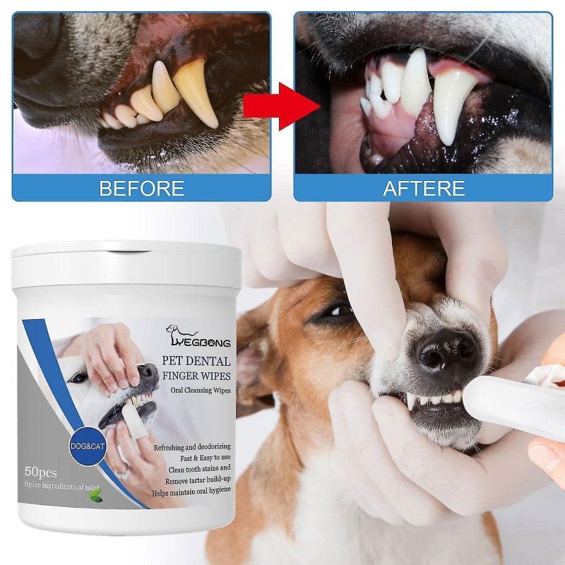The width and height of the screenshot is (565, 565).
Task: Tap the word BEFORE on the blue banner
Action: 141,189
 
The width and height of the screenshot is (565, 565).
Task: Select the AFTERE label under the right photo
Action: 424,189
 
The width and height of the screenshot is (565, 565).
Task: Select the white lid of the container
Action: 126,261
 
